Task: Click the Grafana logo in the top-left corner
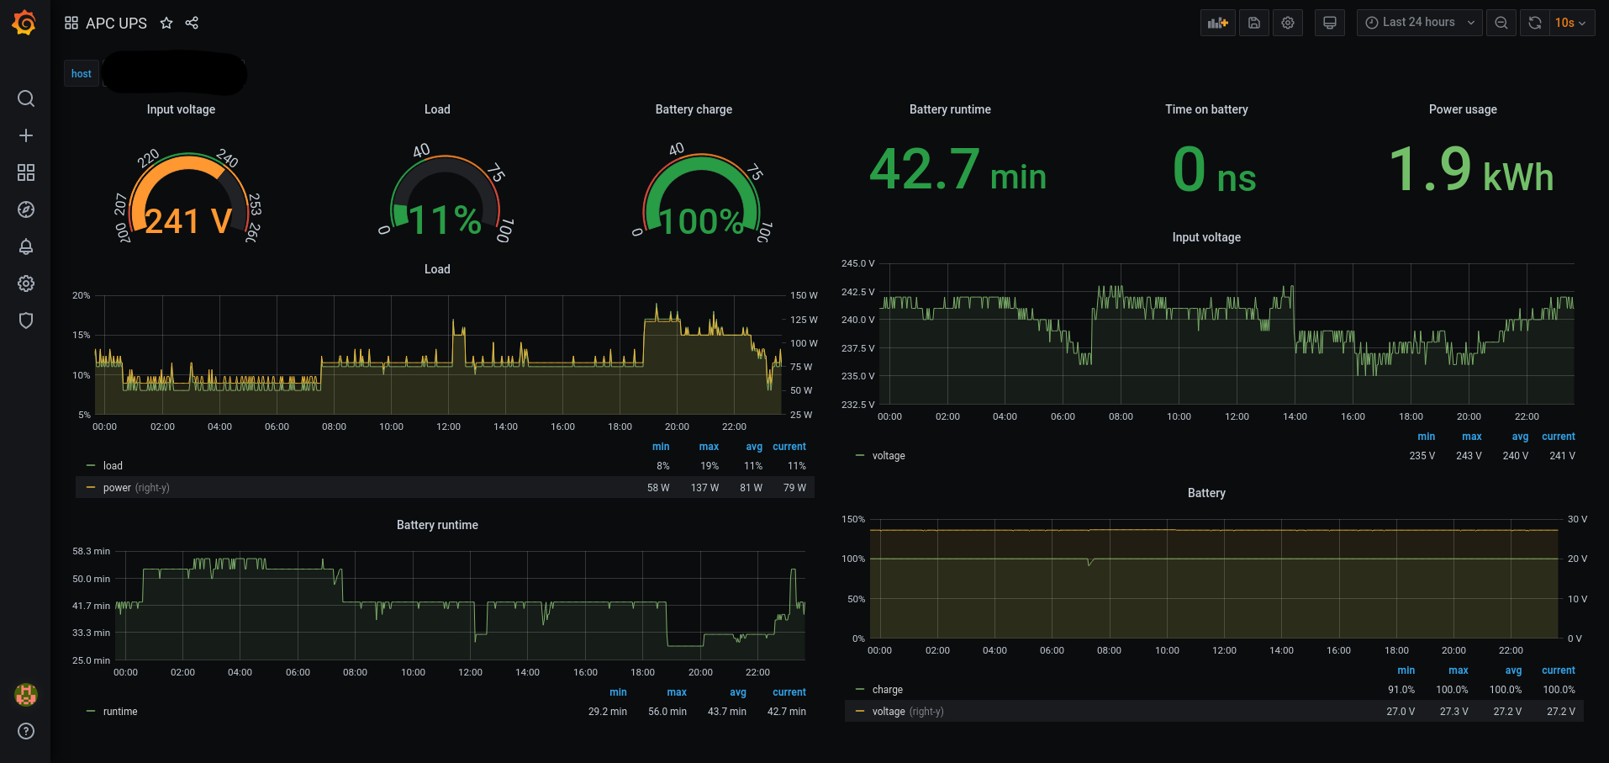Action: point(24,23)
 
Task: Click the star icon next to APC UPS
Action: point(166,24)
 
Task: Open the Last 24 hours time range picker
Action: point(1419,23)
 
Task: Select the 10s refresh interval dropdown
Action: point(1569,23)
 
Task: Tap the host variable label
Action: point(82,74)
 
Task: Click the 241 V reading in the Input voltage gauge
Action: point(188,221)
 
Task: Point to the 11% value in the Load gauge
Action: point(445,220)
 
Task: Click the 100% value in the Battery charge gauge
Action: point(701,221)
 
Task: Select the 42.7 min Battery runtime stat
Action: point(957,170)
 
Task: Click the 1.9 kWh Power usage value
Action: point(1470,170)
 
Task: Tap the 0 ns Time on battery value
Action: point(1214,170)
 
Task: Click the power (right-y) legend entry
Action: point(135,488)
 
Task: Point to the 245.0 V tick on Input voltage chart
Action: point(857,263)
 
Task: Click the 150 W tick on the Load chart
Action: point(804,295)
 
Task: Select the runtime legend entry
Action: point(120,712)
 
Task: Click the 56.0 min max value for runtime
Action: point(667,712)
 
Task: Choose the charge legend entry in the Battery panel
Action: point(887,690)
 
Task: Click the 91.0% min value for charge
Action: point(1401,690)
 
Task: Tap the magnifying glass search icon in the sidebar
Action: point(26,98)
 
